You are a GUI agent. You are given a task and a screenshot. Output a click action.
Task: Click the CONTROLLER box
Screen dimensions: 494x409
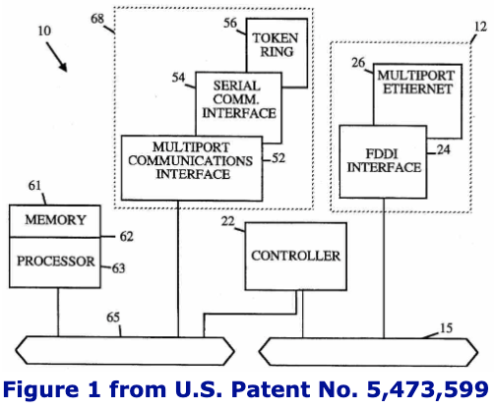coord(296,257)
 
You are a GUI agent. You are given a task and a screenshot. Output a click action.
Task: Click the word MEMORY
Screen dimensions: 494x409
coord(55,220)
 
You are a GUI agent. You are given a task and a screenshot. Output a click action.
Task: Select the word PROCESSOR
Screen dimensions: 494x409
coord(56,262)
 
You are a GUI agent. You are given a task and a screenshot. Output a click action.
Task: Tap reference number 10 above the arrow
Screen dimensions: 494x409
coord(44,30)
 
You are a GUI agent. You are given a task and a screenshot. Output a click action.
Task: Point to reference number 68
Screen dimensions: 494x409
coord(97,19)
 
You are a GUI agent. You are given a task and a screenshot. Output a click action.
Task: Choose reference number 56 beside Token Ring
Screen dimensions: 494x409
coord(230,23)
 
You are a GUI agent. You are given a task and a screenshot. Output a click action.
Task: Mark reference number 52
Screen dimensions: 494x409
coord(278,158)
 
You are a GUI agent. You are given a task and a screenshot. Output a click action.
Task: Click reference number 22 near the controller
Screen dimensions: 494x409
coord(227,221)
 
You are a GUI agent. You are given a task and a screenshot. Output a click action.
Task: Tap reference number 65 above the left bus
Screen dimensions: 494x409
coord(113,318)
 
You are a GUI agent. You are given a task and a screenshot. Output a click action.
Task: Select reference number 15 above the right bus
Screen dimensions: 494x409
coord(446,327)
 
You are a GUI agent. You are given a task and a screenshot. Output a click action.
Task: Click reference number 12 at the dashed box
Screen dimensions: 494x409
coord(480,27)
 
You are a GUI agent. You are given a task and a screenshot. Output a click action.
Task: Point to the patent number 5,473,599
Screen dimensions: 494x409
coord(427,390)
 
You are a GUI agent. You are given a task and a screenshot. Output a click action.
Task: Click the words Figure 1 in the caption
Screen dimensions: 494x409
coord(51,390)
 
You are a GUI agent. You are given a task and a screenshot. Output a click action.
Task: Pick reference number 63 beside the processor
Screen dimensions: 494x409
coord(118,268)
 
